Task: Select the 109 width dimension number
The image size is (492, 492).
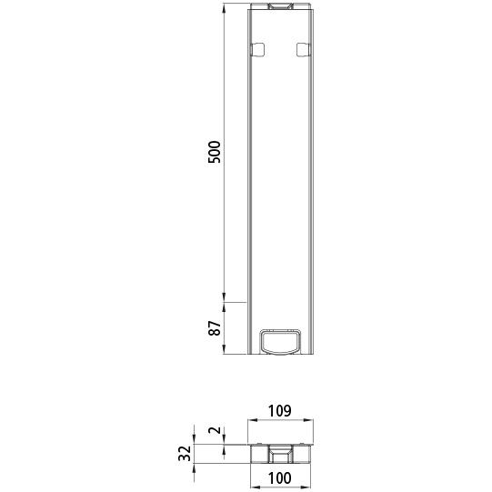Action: coord(281,411)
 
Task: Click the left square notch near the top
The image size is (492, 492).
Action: coord(257,49)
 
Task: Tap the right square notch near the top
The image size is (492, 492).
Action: coord(304,49)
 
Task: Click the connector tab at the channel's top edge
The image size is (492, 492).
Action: coord(281,8)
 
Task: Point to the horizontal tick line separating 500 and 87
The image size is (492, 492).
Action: coord(235,301)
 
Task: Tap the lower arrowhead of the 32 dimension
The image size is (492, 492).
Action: coord(196,461)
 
